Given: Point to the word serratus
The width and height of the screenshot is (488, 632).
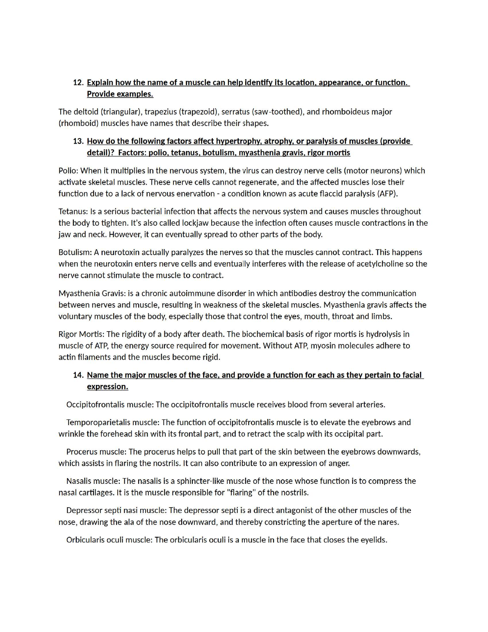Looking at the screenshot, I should pos(235,112).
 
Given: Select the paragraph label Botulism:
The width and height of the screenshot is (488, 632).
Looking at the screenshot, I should pos(75,252).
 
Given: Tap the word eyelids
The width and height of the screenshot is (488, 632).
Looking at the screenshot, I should pos(374,540).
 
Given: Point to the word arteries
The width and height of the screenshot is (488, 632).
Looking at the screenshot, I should pos(369,405).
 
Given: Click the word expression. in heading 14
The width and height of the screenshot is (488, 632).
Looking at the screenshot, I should pos(107,387).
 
